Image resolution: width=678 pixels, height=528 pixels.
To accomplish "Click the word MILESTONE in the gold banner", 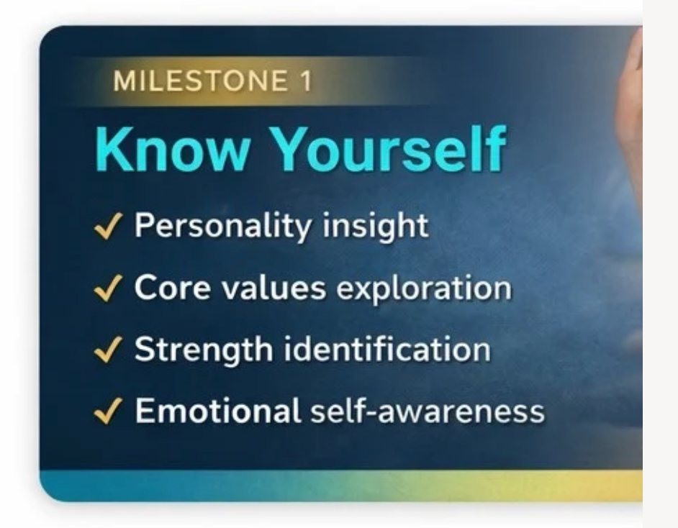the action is click(x=200, y=81).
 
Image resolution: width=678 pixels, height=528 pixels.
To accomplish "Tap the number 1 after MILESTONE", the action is click(x=306, y=81).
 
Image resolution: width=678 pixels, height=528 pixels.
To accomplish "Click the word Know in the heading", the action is click(x=172, y=149).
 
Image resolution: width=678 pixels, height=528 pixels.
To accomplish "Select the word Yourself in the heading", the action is click(x=389, y=149).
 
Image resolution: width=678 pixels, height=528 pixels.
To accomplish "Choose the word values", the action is click(x=274, y=287).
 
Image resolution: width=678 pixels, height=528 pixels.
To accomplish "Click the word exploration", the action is click(x=424, y=288).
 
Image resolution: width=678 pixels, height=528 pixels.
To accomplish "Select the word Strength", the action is click(x=204, y=350).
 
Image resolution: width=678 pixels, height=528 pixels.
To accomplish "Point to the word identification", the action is click(x=387, y=349).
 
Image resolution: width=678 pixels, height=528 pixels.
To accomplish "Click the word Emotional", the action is click(x=218, y=411).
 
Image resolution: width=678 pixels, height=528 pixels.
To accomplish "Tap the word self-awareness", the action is click(x=428, y=411).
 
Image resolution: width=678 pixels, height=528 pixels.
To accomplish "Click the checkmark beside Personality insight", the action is click(x=108, y=226).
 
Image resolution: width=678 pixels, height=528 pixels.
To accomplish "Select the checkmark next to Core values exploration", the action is click(x=108, y=288).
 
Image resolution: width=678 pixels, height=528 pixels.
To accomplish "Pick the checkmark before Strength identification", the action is click(x=108, y=350).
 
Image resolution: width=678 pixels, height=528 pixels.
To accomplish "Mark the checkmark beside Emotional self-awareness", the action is click(x=108, y=411).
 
